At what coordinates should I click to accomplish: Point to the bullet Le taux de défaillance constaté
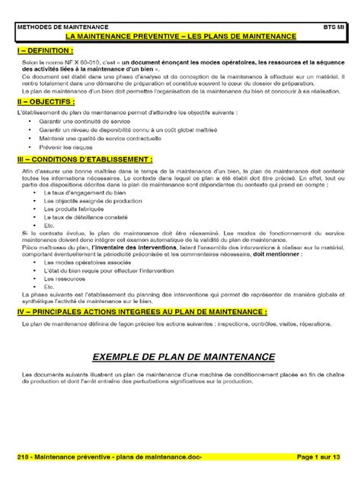point(81,217)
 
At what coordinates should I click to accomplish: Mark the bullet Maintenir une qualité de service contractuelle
point(96,138)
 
